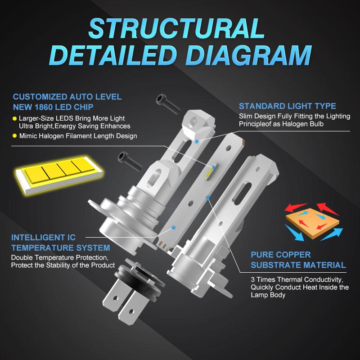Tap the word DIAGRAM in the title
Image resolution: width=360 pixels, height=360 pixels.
coord(249,55)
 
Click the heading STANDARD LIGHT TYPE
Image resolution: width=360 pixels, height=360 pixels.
coord(288,106)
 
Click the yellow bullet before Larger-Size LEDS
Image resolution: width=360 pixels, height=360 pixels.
coord(15,119)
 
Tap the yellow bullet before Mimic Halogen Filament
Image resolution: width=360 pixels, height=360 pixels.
coord(15,136)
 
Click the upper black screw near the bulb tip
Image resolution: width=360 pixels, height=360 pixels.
coord(168,104)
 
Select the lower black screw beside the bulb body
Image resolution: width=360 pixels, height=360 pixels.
coord(130,161)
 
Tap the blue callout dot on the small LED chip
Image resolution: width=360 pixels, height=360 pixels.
coord(213,167)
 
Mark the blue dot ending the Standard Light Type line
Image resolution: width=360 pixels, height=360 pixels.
coord(197,141)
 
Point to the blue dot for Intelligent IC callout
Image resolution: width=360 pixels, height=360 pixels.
coord(174,228)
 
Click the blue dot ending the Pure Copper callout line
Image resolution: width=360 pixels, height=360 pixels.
coord(208,197)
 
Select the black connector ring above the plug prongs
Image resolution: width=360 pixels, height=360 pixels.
coord(139,277)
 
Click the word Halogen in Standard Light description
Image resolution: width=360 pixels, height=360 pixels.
coord(294,124)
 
